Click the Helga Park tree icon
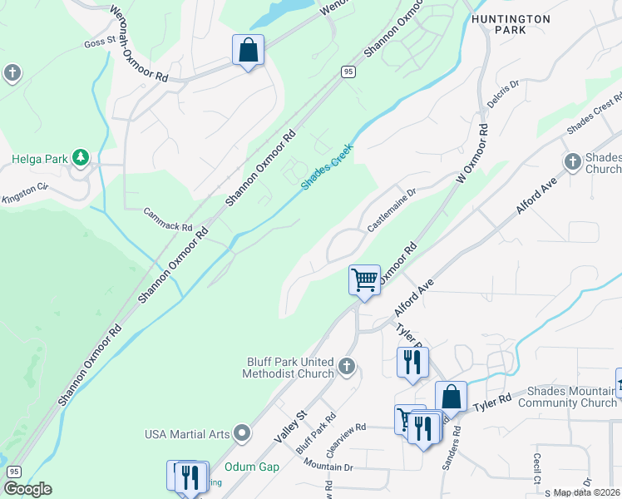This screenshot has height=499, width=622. click(80, 156)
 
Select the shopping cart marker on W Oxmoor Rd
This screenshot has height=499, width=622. click(364, 280)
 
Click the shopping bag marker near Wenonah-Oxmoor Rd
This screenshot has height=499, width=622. click(248, 51)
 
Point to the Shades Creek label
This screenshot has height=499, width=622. click(327, 166)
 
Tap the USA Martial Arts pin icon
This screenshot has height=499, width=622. click(242, 432)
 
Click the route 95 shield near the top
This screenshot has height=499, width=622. click(348, 73)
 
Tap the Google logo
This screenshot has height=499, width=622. click(27, 488)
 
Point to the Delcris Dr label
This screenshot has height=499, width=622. click(503, 96)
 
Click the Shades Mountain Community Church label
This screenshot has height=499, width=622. click(565, 398)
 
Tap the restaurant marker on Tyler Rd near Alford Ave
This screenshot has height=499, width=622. click(412, 363)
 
